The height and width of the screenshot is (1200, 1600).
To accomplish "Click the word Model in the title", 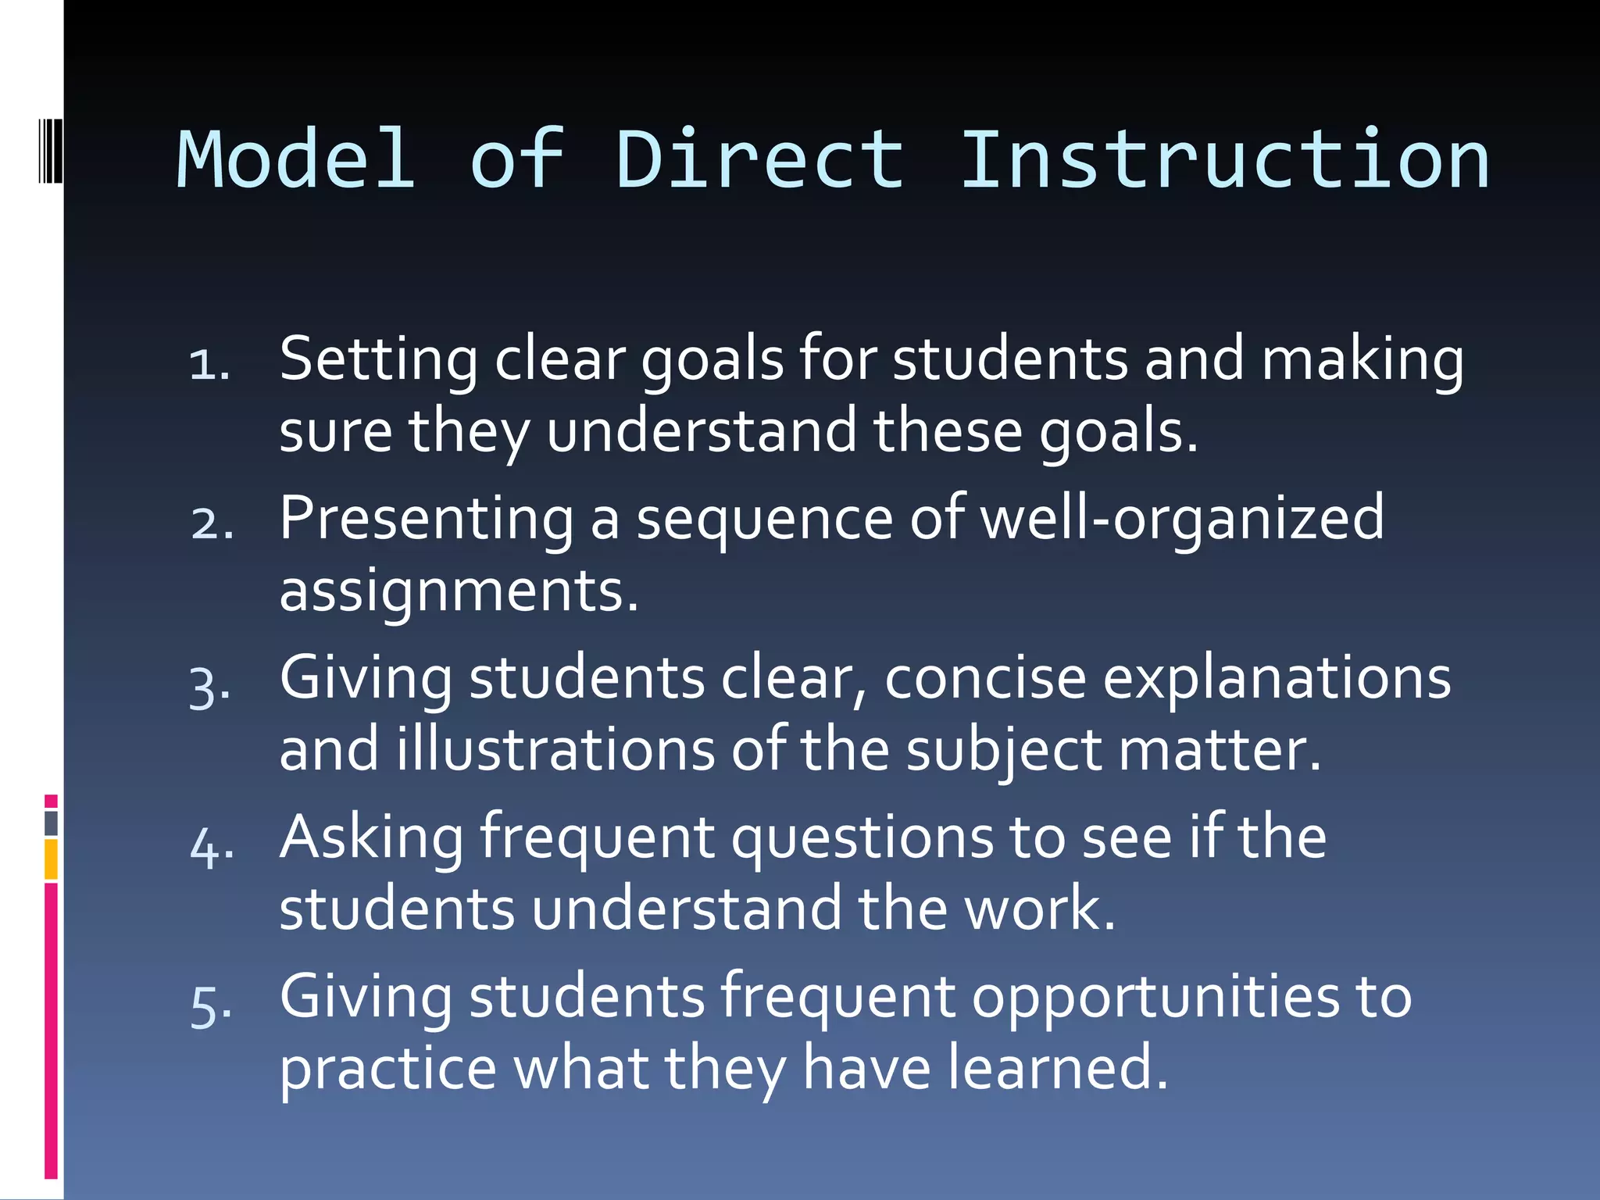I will coord(296,160).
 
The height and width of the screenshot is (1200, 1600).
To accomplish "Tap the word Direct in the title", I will coord(759,160).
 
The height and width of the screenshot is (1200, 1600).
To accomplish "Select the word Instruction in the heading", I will coord(1224,160).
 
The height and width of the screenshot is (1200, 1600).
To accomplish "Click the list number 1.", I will coord(209,364).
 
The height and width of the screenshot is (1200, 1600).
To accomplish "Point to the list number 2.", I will coord(212,523).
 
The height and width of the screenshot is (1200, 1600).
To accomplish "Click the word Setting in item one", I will coord(378,359).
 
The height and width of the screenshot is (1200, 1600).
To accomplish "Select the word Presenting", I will coord(427,520).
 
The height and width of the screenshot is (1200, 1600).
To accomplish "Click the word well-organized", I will coord(1182,520).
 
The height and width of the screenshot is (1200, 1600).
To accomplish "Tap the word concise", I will coord(985,678).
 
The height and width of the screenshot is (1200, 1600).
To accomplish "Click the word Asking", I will coord(372,838).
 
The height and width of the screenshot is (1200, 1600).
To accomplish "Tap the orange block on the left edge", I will coord(52,859).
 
